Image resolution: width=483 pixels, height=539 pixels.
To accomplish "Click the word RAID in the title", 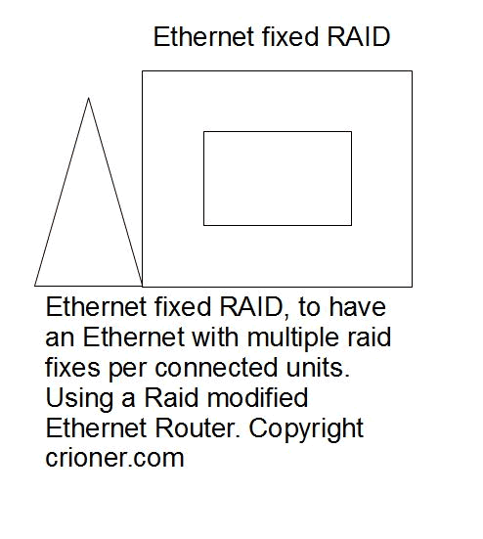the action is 358,36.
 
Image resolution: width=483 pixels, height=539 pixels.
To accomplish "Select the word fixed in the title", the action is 290,36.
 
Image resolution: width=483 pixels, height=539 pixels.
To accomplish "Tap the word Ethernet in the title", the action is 203,36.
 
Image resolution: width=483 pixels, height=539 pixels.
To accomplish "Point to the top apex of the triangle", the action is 88,99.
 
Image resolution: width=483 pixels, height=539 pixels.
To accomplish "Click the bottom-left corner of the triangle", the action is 34,286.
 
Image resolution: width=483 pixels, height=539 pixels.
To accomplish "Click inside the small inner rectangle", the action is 278,178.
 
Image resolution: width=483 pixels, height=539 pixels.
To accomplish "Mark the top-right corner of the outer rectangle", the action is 412,71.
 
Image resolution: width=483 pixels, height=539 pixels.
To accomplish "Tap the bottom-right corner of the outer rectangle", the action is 412,287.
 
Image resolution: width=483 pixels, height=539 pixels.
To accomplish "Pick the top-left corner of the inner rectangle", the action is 203,131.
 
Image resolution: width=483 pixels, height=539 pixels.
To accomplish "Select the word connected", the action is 216,367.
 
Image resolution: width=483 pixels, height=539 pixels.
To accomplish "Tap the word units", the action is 318,367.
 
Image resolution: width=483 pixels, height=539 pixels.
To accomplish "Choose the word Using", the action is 79,399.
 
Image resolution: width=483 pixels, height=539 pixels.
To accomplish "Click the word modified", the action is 257,397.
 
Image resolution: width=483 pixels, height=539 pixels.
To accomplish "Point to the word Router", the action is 198,427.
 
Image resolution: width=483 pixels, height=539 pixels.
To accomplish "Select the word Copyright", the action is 306,429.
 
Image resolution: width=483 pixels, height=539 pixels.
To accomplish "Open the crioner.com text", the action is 114,458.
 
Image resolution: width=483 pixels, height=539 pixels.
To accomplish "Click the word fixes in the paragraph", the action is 72,367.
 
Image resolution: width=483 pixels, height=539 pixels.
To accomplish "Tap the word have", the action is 357,306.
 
